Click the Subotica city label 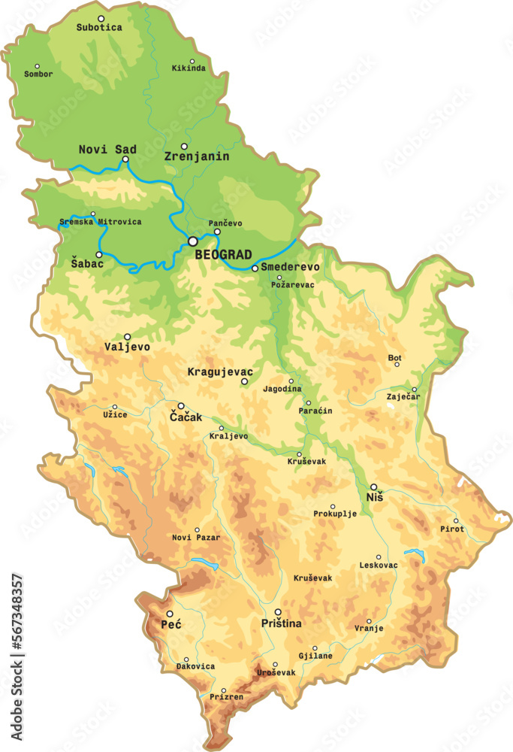click(x=98, y=28)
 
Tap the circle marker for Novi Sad click(x=125, y=159)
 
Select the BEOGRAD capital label click(x=223, y=255)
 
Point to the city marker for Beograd click(x=193, y=241)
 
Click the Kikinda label click(x=189, y=68)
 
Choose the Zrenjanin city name click(x=196, y=157)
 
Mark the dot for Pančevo click(x=217, y=232)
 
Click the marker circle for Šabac click(x=99, y=255)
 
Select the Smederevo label click(x=290, y=267)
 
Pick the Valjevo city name click(x=128, y=347)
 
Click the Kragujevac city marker click(x=244, y=382)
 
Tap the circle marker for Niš click(x=374, y=487)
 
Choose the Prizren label click(x=226, y=697)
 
